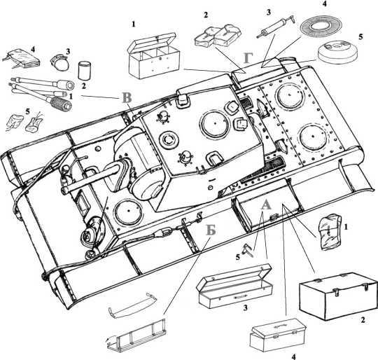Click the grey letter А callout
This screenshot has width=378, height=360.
(x=266, y=205)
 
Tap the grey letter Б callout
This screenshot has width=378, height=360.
(x=211, y=230)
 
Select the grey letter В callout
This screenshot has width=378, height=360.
(x=127, y=97)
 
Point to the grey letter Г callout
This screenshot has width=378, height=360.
(x=248, y=58)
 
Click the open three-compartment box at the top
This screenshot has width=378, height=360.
(x=153, y=56)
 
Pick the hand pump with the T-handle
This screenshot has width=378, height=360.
(x=276, y=27)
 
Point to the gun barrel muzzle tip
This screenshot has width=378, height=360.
(x=64, y=190)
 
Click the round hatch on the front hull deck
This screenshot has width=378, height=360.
(x=129, y=211)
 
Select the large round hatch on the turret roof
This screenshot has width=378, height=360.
(x=215, y=123)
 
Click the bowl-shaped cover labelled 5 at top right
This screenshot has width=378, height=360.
(x=337, y=52)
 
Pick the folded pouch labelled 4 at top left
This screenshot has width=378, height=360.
(x=22, y=59)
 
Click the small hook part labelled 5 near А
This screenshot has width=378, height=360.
(x=248, y=249)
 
